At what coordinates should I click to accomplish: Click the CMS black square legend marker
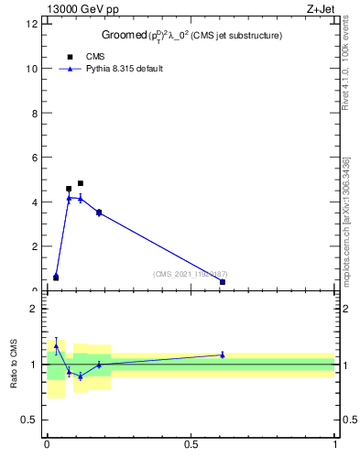coord(70,57)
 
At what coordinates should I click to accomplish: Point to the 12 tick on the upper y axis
coord(33,24)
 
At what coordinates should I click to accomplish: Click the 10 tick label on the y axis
coord(33,69)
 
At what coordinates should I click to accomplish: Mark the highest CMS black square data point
coord(81,183)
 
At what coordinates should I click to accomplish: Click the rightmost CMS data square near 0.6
coord(223,282)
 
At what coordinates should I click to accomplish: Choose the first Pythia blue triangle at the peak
coord(69,198)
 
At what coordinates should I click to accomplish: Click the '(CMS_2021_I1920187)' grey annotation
coord(190,274)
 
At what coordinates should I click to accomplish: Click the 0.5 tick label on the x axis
coord(191,445)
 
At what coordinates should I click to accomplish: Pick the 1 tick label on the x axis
coord(335,445)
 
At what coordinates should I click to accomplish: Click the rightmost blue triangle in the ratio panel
coord(223,354)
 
